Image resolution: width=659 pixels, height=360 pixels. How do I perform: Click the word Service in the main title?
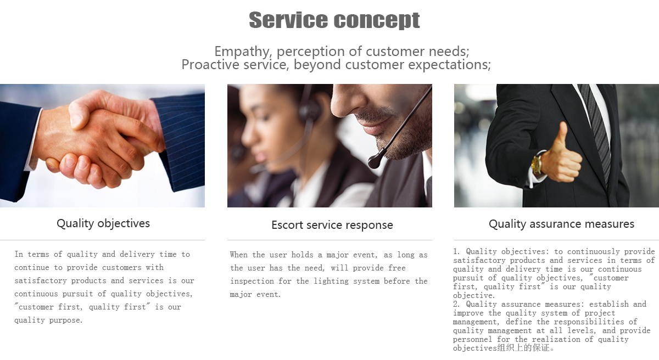point(288,20)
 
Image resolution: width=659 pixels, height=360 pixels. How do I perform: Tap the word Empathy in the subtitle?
point(242,52)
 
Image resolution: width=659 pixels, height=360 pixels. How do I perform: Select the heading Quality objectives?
point(103,223)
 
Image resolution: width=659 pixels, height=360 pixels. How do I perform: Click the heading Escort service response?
point(332,225)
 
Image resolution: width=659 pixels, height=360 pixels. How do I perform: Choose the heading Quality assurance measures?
point(561,224)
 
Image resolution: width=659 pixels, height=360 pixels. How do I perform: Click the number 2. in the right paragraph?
point(457,304)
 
